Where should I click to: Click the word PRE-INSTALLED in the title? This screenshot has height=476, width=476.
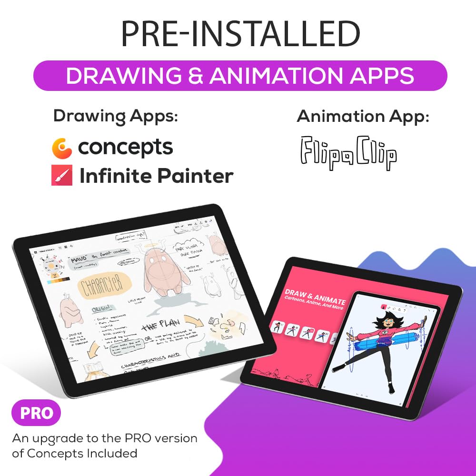240,34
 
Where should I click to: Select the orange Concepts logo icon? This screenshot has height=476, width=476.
62,148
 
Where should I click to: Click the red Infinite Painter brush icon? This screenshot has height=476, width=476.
62,176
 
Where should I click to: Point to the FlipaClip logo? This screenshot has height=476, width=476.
348,153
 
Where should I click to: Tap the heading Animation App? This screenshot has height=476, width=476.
363,117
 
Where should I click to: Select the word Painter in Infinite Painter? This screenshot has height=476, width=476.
196,176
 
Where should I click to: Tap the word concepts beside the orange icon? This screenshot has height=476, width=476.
126,148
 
